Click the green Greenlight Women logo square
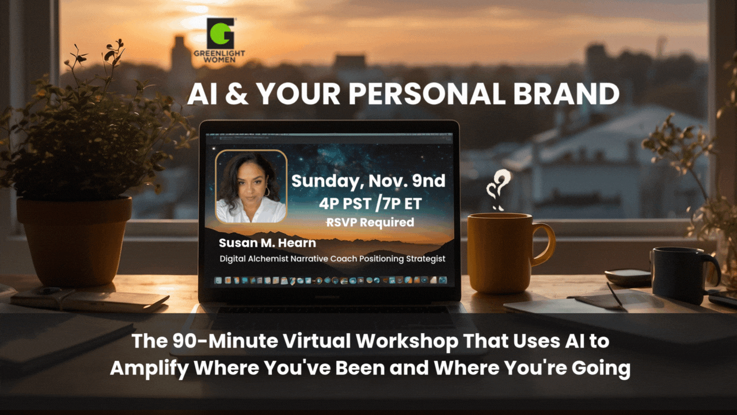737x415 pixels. tap(221, 33)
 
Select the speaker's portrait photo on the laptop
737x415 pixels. tap(250, 186)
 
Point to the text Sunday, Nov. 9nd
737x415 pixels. tap(368, 180)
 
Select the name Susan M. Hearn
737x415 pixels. tap(267, 243)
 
